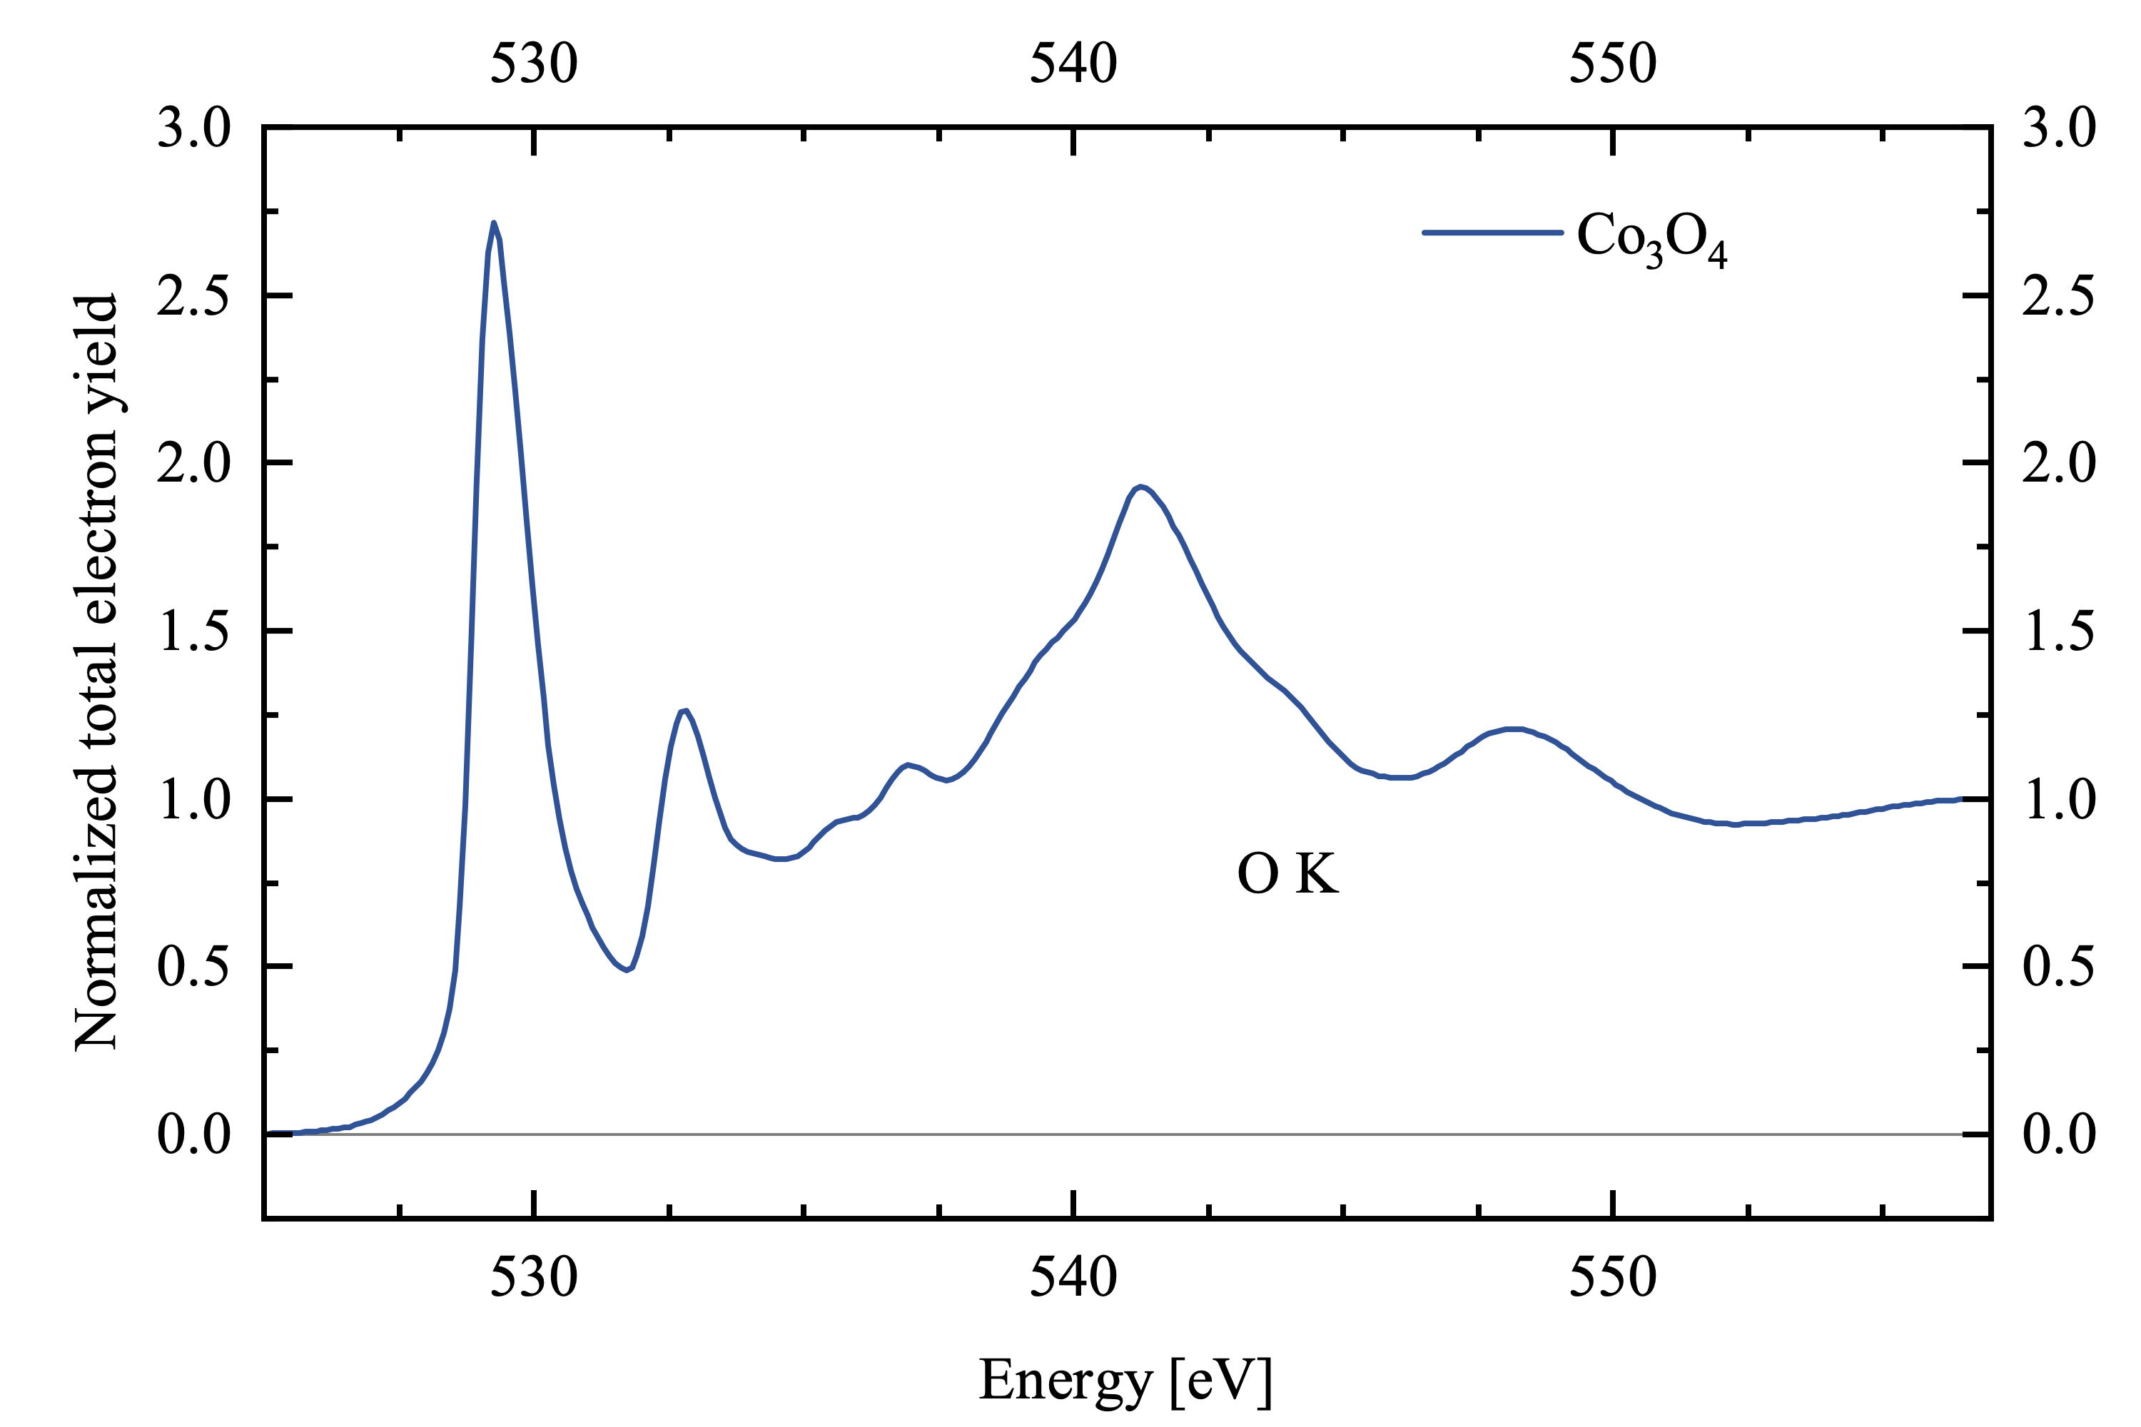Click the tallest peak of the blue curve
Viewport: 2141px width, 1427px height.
[x=493, y=223]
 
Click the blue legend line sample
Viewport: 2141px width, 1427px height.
[x=1493, y=233]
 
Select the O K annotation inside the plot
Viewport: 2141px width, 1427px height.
[x=1287, y=875]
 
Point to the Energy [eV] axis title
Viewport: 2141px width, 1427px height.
[x=1125, y=1381]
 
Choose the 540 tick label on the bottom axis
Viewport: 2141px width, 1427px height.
[x=1073, y=1278]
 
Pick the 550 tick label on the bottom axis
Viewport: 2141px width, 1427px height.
[x=1612, y=1278]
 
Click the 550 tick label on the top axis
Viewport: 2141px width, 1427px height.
[x=1612, y=65]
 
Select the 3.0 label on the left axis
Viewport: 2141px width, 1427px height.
[x=194, y=128]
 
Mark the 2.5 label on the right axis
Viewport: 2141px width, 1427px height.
[x=2059, y=297]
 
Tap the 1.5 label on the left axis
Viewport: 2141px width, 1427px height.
[x=194, y=631]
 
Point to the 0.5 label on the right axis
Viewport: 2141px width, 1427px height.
[x=2059, y=967]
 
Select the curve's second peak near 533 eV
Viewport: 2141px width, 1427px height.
[x=684, y=711]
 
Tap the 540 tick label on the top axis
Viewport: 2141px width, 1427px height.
[x=1073, y=65]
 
